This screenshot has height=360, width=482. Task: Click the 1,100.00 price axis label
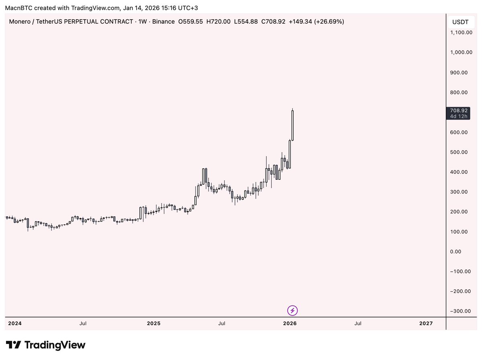click(x=461, y=33)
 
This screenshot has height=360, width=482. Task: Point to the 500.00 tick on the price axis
click(x=459, y=152)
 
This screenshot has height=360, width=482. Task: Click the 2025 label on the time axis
click(x=153, y=323)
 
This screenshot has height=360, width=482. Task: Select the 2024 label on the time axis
click(x=15, y=323)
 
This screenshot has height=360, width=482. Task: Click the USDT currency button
click(x=460, y=22)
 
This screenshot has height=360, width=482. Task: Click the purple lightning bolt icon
click(x=293, y=310)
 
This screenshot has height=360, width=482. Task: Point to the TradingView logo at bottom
click(x=46, y=345)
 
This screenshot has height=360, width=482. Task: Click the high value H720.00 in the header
click(x=219, y=22)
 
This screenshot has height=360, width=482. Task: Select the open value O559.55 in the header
click(x=191, y=22)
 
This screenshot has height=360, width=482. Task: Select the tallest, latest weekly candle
click(x=293, y=125)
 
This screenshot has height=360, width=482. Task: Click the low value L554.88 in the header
click(x=246, y=22)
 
